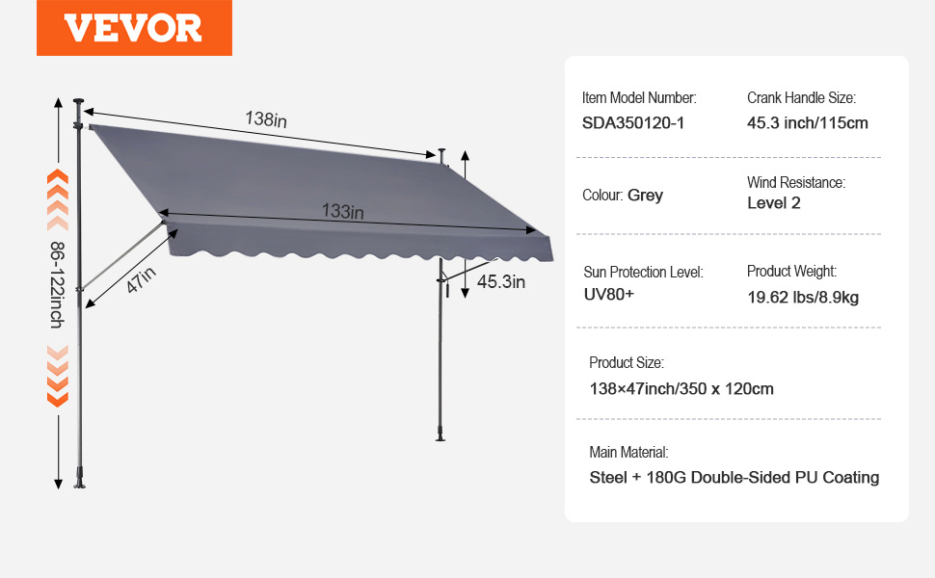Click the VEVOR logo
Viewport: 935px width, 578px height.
tap(134, 28)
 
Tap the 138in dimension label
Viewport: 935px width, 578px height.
tap(266, 119)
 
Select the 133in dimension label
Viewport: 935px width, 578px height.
tap(343, 211)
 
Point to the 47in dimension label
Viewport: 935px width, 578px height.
tap(142, 279)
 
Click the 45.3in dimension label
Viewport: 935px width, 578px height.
tap(501, 281)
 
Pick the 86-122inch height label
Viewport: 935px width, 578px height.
tap(57, 285)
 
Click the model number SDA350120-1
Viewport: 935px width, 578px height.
tap(633, 122)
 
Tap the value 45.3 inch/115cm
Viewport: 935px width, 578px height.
tap(808, 122)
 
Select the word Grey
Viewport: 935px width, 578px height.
tap(645, 196)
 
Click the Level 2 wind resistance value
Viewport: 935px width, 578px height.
tap(774, 202)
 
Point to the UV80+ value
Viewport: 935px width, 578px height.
tap(609, 294)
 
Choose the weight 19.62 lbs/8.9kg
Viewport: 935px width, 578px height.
tap(803, 297)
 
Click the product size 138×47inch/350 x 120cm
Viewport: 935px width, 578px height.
tap(681, 388)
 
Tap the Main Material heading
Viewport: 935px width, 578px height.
tap(628, 452)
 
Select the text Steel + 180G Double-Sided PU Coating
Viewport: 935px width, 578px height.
tap(735, 477)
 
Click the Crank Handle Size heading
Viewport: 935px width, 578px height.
tap(801, 97)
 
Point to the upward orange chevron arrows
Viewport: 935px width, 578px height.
tap(58, 199)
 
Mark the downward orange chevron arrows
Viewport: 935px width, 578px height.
tap(58, 376)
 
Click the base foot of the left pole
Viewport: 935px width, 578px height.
tap(79, 480)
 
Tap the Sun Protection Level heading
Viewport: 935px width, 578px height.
tap(643, 273)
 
